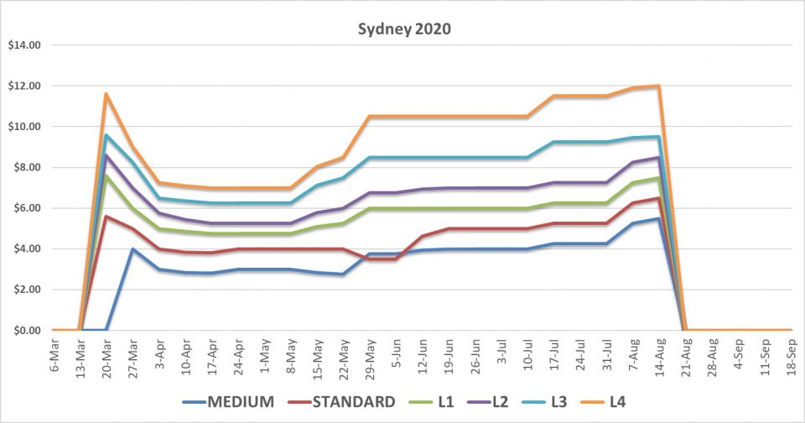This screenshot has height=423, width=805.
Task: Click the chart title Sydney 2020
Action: click(x=402, y=29)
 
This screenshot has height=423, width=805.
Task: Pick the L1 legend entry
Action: click(x=433, y=402)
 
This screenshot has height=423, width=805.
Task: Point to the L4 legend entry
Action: click(x=617, y=402)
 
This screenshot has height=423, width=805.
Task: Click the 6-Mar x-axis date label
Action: click(x=55, y=357)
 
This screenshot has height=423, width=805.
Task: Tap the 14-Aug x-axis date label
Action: click(x=659, y=358)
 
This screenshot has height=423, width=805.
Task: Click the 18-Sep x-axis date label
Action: click(x=791, y=358)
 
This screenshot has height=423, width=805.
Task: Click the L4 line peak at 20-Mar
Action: click(x=106, y=94)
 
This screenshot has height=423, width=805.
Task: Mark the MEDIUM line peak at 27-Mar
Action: click(x=132, y=248)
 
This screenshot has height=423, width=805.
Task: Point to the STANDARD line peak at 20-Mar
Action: click(x=106, y=216)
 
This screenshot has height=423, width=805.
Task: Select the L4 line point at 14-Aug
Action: click(x=659, y=86)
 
